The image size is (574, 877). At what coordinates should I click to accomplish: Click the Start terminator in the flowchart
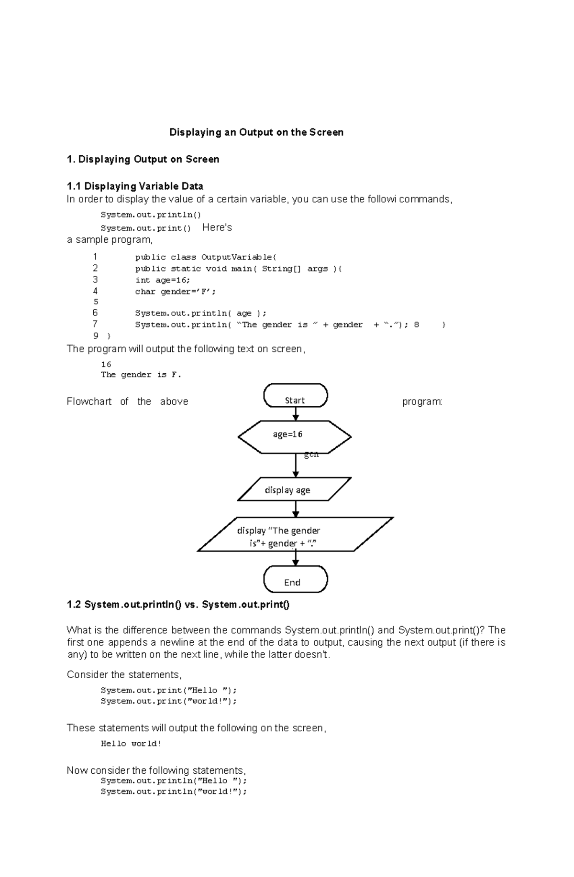pyautogui.click(x=295, y=396)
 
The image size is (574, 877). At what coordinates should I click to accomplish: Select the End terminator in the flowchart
pyautogui.click(x=295, y=579)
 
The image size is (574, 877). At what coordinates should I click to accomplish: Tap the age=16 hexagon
pyautogui.click(x=294, y=436)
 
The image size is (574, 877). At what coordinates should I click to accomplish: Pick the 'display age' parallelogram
pyautogui.click(x=294, y=489)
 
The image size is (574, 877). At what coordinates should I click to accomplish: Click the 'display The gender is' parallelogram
pyautogui.click(x=295, y=534)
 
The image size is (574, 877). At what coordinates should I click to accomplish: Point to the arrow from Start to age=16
pyautogui.click(x=296, y=414)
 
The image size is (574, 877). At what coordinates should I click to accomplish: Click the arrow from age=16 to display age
pyautogui.click(x=296, y=465)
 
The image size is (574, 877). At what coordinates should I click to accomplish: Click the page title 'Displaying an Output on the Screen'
pyautogui.click(x=256, y=132)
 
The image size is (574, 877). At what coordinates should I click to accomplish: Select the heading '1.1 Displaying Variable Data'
pyautogui.click(x=135, y=186)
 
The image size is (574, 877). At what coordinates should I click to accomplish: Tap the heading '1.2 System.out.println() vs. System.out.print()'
pyautogui.click(x=178, y=605)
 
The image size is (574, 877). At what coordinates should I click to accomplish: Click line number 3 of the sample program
pyautogui.click(x=95, y=280)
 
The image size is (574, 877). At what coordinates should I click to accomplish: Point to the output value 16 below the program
pyautogui.click(x=106, y=364)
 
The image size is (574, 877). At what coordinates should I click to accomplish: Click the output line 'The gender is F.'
pyautogui.click(x=141, y=375)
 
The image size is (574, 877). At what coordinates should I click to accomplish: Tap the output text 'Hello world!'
pyautogui.click(x=131, y=744)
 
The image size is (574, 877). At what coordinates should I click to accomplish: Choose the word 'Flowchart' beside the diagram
pyautogui.click(x=89, y=401)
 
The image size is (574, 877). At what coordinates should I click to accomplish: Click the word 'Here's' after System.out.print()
pyautogui.click(x=217, y=227)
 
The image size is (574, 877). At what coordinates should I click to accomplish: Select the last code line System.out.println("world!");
pyautogui.click(x=174, y=791)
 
